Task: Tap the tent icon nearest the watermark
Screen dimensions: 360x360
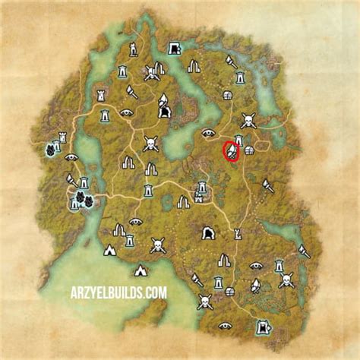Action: (x=141, y=270)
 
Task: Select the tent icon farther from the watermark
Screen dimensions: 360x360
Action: (x=109, y=250)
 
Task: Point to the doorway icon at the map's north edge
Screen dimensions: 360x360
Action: (x=174, y=48)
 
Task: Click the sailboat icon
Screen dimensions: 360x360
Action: (x=255, y=286)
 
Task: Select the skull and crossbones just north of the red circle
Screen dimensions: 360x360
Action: (x=248, y=120)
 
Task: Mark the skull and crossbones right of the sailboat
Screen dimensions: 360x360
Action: (x=286, y=280)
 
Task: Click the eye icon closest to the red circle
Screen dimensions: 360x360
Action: (x=208, y=133)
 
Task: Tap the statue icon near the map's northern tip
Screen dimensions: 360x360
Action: (x=132, y=49)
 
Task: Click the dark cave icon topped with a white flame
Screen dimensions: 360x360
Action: (x=163, y=106)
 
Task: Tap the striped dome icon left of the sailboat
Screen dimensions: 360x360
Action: (x=230, y=290)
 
